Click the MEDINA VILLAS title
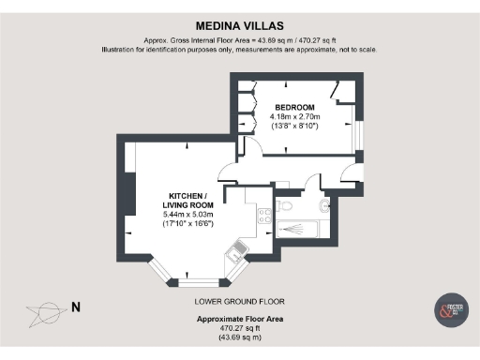click(239, 27)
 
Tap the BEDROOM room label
click(294, 107)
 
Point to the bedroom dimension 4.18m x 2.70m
click(294, 116)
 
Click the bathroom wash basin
click(324, 206)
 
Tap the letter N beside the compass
click(76, 307)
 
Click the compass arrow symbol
click(43, 310)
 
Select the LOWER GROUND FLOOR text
click(239, 301)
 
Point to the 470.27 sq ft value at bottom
click(239, 328)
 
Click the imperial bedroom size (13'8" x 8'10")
click(294, 126)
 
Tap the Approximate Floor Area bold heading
click(239, 320)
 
